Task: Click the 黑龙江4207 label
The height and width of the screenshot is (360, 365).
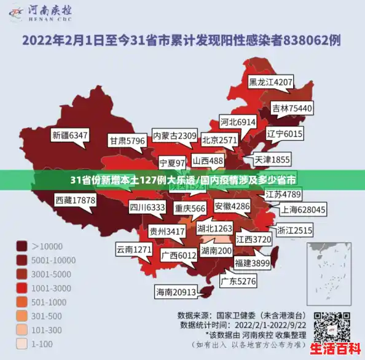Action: tap(270, 82)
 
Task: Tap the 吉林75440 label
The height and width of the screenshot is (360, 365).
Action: tap(292, 108)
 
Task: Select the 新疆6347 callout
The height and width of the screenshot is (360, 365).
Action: tap(70, 135)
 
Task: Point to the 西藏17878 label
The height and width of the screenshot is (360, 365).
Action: tap(75, 200)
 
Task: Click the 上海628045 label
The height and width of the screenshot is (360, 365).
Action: tap(303, 209)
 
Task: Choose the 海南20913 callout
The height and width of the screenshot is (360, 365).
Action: tap(176, 292)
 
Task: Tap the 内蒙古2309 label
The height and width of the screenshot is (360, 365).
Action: tap(175, 135)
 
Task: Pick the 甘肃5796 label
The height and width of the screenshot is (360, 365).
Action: tap(127, 141)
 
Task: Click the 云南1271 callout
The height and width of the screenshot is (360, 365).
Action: tap(133, 249)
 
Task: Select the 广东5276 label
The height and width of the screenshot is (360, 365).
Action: tap(238, 281)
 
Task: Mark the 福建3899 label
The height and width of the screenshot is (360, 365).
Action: tap(251, 263)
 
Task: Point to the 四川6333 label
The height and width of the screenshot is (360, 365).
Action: tap(147, 208)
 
